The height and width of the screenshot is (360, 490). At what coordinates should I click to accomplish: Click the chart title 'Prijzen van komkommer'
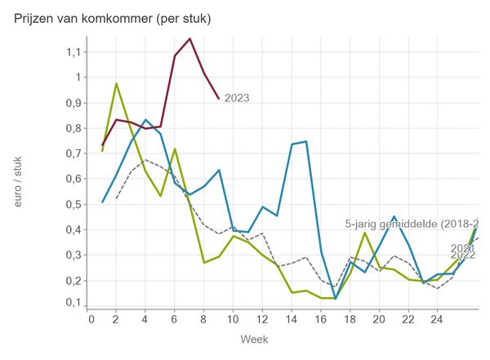[x=112, y=19]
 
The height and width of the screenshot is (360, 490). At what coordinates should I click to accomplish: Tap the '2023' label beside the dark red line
[x=237, y=99]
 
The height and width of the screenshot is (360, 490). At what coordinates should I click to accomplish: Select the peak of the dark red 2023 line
[x=190, y=38]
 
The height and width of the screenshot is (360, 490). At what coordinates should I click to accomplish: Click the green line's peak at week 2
[x=116, y=83]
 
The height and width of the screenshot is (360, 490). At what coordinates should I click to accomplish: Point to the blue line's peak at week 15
[x=306, y=141]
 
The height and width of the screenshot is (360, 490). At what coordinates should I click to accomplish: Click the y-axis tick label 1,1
[x=74, y=52]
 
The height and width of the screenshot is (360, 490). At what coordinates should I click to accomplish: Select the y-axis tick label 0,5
[x=74, y=204]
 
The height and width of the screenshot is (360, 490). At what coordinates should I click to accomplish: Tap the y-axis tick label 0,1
[x=74, y=303]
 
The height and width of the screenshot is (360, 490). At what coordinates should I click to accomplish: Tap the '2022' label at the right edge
[x=463, y=256]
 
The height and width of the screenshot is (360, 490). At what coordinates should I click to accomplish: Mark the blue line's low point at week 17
[x=335, y=298]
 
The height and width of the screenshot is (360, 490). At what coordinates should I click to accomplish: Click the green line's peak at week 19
[x=365, y=233]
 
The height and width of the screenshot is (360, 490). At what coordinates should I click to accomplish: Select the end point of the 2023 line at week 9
[x=219, y=99]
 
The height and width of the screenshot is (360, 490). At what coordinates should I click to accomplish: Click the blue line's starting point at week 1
[x=102, y=202]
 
